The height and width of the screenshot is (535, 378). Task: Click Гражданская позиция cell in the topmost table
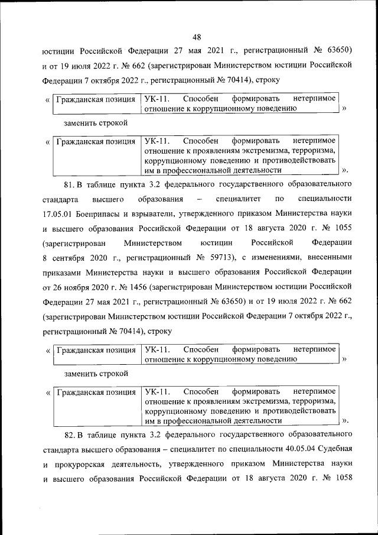(95, 99)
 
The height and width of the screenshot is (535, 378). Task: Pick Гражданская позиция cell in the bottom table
(95, 392)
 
